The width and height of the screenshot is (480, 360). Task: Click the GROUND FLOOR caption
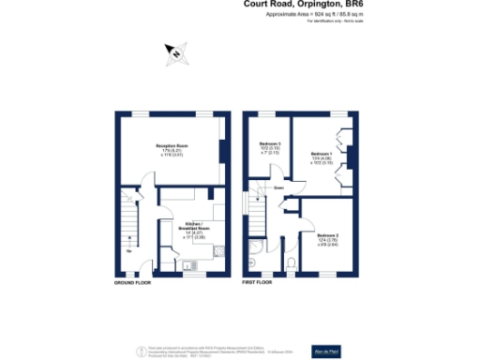134,281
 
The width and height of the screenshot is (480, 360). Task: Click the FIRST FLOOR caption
256,281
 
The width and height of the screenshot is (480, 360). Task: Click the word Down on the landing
278,188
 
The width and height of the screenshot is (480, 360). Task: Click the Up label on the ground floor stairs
127,250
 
